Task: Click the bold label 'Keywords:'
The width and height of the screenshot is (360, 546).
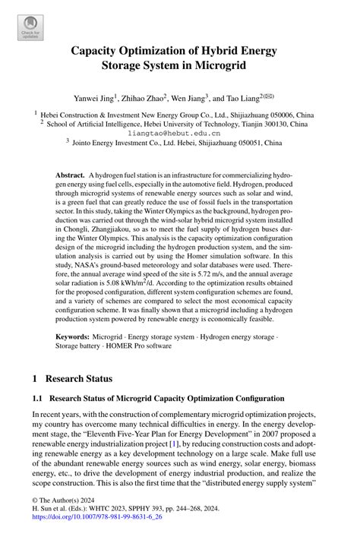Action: tap(76, 336)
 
